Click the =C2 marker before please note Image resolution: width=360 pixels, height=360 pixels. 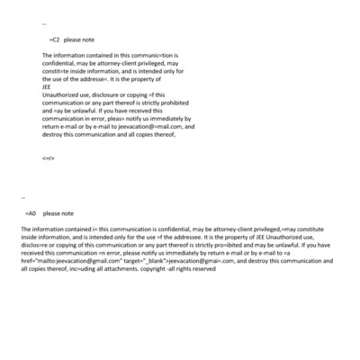55,40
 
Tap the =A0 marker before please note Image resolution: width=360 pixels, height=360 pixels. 31,214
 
